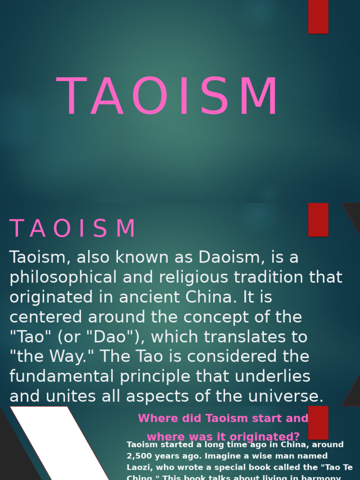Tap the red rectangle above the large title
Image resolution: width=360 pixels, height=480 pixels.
point(318,16)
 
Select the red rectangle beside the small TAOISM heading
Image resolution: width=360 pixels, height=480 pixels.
point(318,219)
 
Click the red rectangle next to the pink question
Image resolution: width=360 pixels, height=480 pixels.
point(318,422)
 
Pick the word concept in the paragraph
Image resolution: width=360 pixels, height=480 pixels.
point(217,317)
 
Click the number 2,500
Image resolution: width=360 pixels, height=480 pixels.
point(140,456)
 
